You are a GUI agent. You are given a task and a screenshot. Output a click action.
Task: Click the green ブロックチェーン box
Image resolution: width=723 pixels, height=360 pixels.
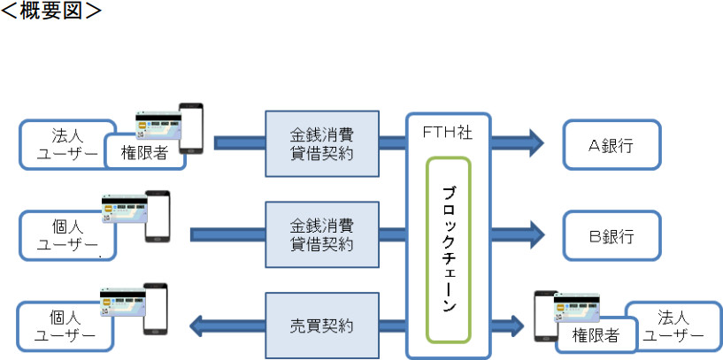click(449, 249)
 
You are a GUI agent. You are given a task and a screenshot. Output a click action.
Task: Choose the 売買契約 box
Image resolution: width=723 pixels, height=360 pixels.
click(322, 326)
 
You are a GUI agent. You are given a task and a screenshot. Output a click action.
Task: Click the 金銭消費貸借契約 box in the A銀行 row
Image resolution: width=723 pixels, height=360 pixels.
click(322, 143)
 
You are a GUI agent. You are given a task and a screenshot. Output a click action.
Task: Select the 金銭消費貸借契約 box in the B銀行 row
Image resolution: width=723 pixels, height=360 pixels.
click(322, 235)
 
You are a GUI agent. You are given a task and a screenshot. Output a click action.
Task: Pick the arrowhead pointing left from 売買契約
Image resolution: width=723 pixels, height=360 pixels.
click(202, 326)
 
